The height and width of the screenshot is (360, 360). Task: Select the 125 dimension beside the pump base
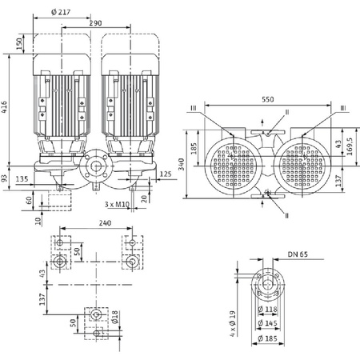pyautogui.click(x=166, y=173)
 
